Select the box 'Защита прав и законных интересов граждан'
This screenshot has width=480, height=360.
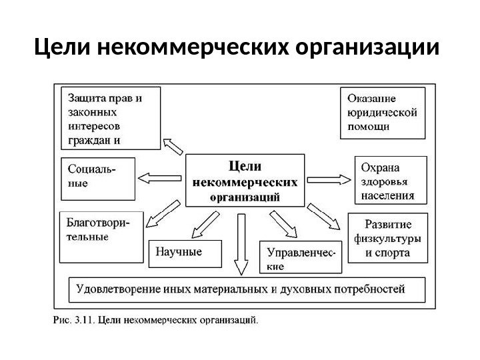click(111, 117)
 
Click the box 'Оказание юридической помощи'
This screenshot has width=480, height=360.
click(382, 112)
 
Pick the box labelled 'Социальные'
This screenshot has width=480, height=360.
click(97, 179)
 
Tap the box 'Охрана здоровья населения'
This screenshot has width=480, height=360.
click(386, 179)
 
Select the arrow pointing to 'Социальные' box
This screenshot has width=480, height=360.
click(158, 179)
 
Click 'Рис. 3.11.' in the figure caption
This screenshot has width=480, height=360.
click(74, 320)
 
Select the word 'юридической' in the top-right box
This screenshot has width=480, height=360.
click(382, 112)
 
